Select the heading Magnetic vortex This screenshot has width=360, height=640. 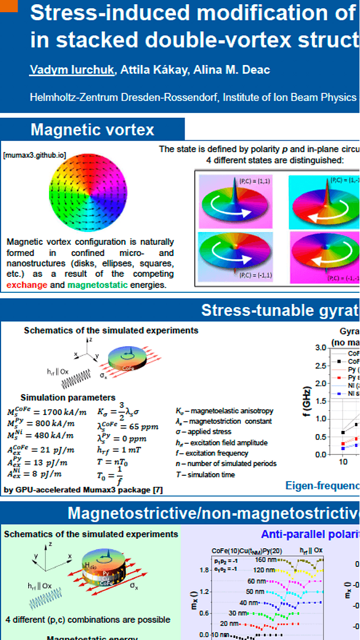[92, 130]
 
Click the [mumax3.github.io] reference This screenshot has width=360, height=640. [34, 156]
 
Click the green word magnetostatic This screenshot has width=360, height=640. [98, 285]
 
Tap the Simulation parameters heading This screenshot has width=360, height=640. [68, 397]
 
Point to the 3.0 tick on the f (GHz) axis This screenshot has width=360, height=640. [320, 348]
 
